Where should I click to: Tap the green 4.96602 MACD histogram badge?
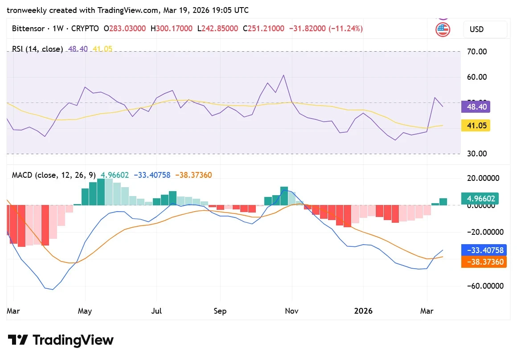(x=480, y=199)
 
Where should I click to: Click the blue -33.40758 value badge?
(x=484, y=250)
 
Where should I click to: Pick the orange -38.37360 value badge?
(x=484, y=262)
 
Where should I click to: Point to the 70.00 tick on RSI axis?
(x=477, y=52)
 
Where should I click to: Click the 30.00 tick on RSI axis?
(x=477, y=154)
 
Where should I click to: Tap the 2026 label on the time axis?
(x=363, y=311)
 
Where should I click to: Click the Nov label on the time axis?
(x=292, y=311)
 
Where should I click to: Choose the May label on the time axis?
(x=85, y=311)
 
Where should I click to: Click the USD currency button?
(x=485, y=29)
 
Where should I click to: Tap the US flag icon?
(x=443, y=30)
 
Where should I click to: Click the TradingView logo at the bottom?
(x=61, y=340)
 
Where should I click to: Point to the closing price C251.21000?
(x=263, y=29)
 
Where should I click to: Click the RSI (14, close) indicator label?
(x=37, y=49)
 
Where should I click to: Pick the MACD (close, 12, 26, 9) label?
(x=53, y=175)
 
